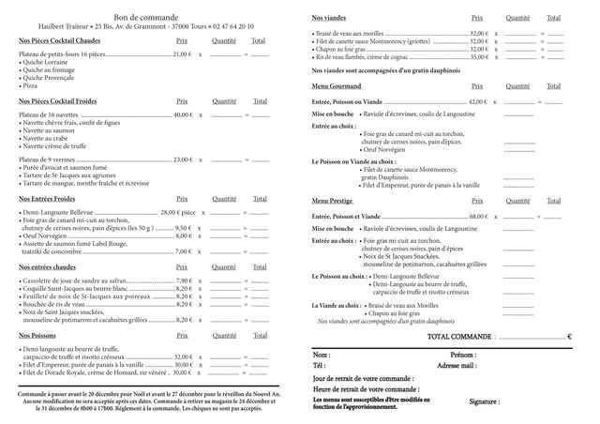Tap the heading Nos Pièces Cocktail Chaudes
60,40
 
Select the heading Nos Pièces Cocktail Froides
60,100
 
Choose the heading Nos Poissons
38,335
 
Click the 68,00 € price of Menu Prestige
479,216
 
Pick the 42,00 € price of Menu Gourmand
478,100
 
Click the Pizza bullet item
32,85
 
